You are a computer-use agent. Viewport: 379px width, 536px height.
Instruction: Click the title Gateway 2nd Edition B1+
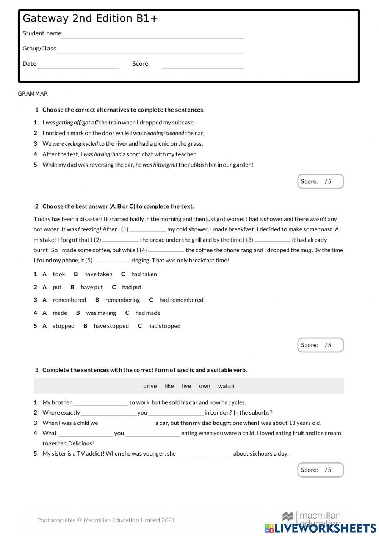click(90, 19)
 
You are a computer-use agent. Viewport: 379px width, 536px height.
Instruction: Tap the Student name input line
click(153, 35)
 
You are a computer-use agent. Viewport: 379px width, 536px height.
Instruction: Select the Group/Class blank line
click(150, 50)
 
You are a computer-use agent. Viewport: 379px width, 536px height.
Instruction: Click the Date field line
click(78, 65)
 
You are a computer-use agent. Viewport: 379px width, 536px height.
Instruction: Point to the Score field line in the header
click(203, 65)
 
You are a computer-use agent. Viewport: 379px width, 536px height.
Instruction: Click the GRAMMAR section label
click(33, 94)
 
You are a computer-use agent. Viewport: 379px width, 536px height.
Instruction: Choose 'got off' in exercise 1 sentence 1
click(90, 123)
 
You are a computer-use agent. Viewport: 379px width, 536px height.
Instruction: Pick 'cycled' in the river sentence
click(91, 144)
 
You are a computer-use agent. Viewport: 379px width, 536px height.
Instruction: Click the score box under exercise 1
click(320, 181)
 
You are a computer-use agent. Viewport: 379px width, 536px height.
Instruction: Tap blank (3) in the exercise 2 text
click(272, 240)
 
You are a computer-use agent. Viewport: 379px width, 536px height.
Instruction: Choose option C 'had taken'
click(144, 274)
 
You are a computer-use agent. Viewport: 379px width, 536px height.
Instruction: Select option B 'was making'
click(101, 313)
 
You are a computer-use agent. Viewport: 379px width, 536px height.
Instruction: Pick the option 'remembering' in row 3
click(122, 300)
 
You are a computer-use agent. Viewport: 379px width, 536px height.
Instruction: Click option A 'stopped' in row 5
click(63, 326)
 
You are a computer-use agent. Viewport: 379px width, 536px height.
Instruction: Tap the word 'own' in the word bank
click(204, 386)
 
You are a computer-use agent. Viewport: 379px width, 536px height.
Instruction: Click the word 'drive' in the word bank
click(150, 386)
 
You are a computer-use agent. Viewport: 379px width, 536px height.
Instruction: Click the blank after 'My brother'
click(100, 403)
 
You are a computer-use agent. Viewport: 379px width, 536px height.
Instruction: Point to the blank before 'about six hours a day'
click(204, 454)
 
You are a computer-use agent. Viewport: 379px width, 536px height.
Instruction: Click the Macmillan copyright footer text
click(106, 520)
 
